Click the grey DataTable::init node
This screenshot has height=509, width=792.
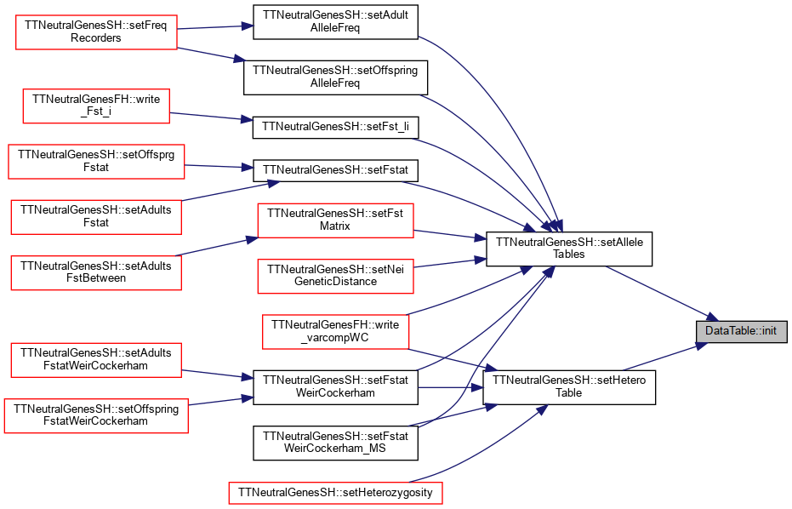coord(742,331)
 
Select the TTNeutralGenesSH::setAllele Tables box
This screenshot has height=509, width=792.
coord(569,249)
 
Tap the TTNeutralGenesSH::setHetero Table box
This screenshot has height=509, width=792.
coord(569,387)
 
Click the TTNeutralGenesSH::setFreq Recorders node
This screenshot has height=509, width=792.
coord(96,31)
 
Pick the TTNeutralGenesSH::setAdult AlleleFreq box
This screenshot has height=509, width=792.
coord(335,22)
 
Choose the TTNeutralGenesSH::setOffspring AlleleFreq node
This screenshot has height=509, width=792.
coord(335,77)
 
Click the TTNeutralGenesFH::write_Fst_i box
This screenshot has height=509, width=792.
coord(96,106)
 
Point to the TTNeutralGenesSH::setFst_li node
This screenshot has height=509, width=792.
coord(335,128)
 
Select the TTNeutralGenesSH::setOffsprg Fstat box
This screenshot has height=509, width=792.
coord(96,161)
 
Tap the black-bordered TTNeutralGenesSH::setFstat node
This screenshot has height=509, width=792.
coord(335,170)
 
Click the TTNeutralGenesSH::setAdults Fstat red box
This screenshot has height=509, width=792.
coord(96,217)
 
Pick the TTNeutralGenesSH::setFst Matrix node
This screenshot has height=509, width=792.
coord(335,220)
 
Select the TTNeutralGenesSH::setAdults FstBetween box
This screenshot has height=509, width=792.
coord(96,272)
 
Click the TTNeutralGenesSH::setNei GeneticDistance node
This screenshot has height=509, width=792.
coord(335,276)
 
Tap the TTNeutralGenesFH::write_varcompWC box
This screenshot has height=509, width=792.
coord(335,332)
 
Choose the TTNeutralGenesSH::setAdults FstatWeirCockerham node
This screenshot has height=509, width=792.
coord(96,360)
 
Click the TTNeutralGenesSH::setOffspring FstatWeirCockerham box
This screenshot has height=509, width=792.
coord(96,415)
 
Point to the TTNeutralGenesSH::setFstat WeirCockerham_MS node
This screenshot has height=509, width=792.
coord(335,443)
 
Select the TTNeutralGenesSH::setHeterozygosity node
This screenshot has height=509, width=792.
coord(335,493)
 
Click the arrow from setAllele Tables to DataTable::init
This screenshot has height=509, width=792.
coord(662,294)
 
